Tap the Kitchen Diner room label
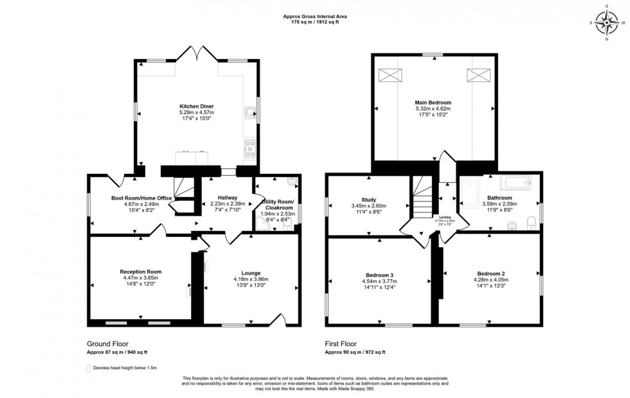pos(196,106)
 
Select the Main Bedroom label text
pos(433,103)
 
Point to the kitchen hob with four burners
pos(249,148)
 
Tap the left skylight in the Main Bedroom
pos(389,75)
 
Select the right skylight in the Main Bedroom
pos(478,75)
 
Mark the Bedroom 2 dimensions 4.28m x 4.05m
pos(492,279)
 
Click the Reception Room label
pos(140,272)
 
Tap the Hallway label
pos(227,197)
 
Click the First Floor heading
pos(341,344)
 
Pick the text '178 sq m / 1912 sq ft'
pos(315,22)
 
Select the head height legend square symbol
pos(89,368)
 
